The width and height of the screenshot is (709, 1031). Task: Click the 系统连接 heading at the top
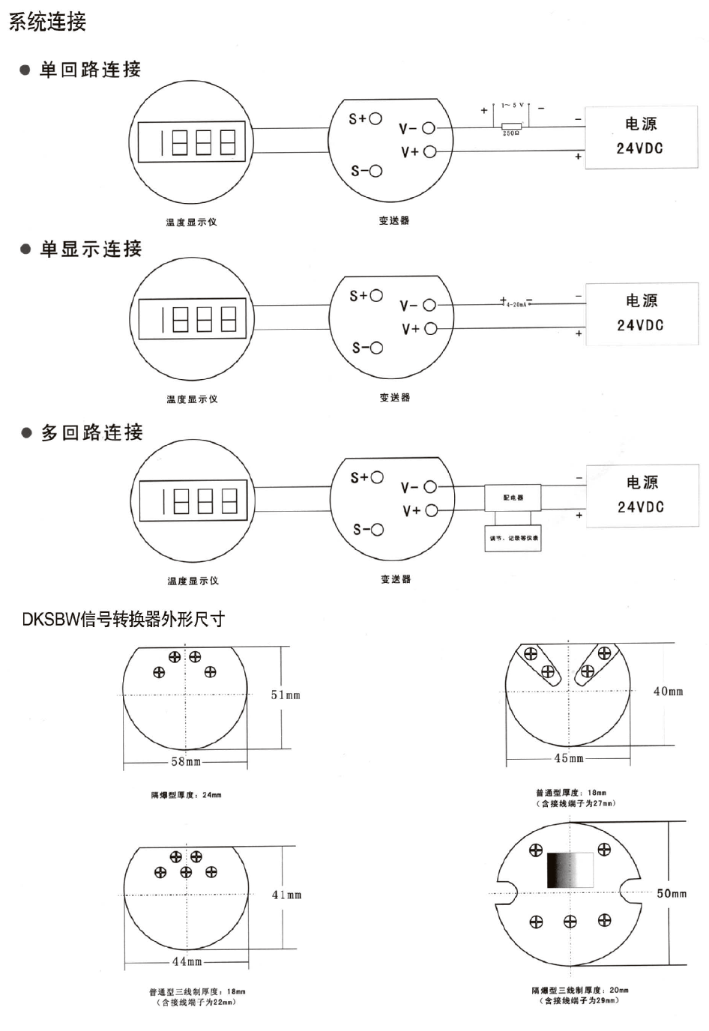(x=47, y=22)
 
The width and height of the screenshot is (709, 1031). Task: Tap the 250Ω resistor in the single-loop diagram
(x=511, y=125)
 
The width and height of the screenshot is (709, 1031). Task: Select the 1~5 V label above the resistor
(x=513, y=106)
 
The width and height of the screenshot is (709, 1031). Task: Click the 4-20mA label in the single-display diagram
(x=516, y=304)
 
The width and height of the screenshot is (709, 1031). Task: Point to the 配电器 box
(x=513, y=498)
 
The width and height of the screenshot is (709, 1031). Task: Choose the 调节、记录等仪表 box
(x=513, y=538)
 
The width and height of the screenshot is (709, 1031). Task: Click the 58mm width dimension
(x=186, y=762)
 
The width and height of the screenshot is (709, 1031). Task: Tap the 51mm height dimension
(x=286, y=695)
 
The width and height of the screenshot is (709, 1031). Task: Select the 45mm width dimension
(x=569, y=758)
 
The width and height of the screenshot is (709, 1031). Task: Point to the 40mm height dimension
(x=668, y=692)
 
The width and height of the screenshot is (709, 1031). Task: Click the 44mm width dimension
(x=187, y=961)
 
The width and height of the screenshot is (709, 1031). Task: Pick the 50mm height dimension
(x=672, y=893)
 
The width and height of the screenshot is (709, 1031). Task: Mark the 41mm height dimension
(x=286, y=895)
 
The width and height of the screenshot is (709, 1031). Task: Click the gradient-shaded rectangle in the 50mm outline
(x=570, y=870)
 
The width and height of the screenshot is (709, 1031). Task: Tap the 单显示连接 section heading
(x=91, y=249)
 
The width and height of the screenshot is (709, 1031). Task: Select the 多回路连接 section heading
(x=91, y=432)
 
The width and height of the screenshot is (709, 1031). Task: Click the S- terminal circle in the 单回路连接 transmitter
(x=375, y=171)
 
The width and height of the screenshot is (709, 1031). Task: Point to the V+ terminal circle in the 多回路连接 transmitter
(x=431, y=511)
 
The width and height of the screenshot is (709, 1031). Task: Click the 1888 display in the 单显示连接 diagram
(x=192, y=319)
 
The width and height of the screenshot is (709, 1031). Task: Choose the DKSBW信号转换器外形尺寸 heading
(x=124, y=620)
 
